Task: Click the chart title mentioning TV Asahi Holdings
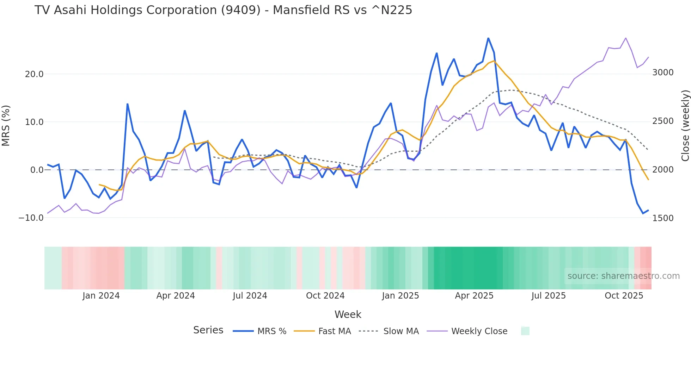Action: tap(223, 10)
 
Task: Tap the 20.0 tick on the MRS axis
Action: tap(34, 74)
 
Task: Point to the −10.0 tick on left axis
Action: tap(31, 218)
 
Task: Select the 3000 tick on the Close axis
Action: tap(663, 73)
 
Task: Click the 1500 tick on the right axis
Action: tap(663, 218)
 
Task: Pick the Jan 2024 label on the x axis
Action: tap(101, 296)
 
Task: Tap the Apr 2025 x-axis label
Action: tap(474, 296)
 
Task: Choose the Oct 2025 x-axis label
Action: tap(624, 296)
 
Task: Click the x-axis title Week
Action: tap(348, 314)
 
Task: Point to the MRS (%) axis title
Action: tap(6, 125)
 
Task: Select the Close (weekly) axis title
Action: tap(685, 125)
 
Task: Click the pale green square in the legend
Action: tap(525, 331)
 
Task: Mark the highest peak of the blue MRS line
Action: tap(488, 38)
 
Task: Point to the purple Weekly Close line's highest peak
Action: tap(626, 38)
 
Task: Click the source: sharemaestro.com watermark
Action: tap(623, 276)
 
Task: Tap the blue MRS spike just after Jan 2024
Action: tap(127, 104)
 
